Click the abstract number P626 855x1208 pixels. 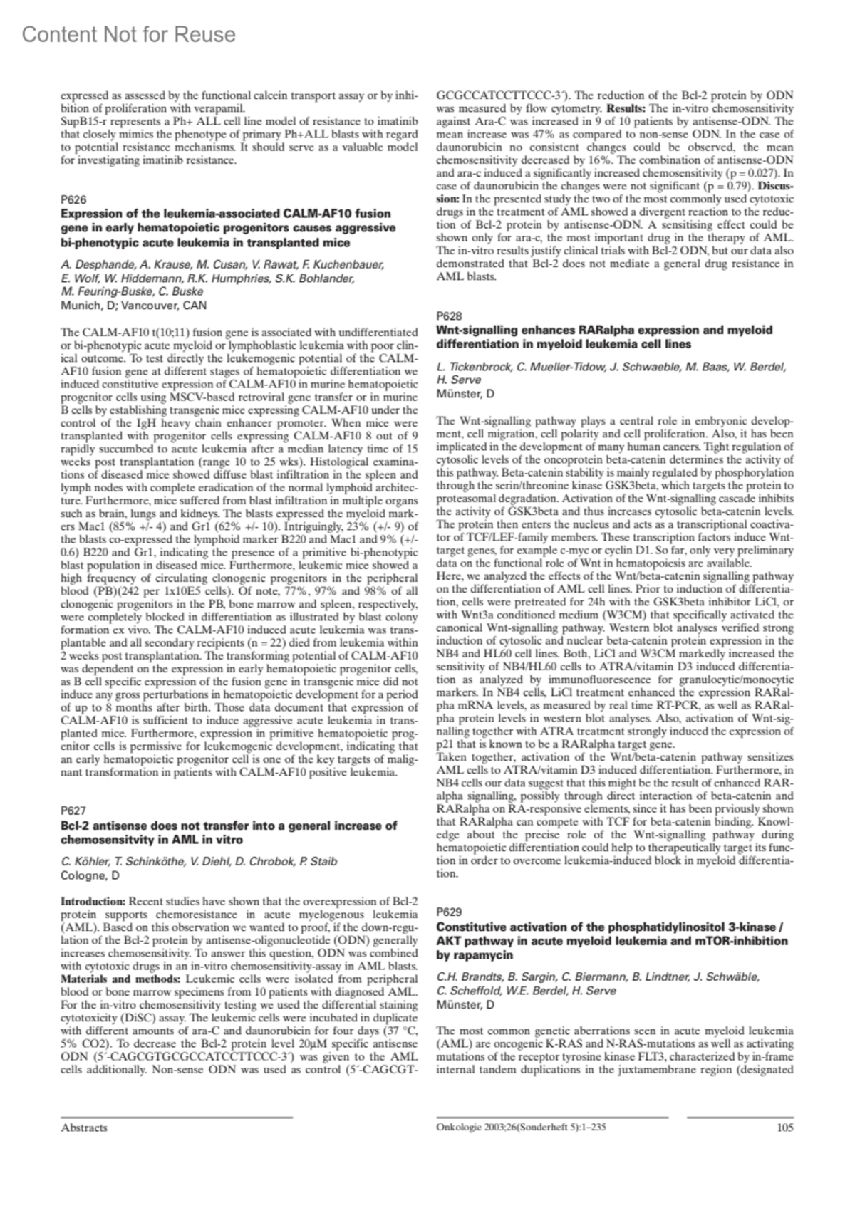(x=73, y=199)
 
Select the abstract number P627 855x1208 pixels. (x=73, y=811)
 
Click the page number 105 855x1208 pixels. (x=784, y=1128)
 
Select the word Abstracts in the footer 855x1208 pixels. (x=84, y=1128)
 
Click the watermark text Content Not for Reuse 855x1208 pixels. (x=129, y=34)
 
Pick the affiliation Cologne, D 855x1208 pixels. (x=90, y=875)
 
